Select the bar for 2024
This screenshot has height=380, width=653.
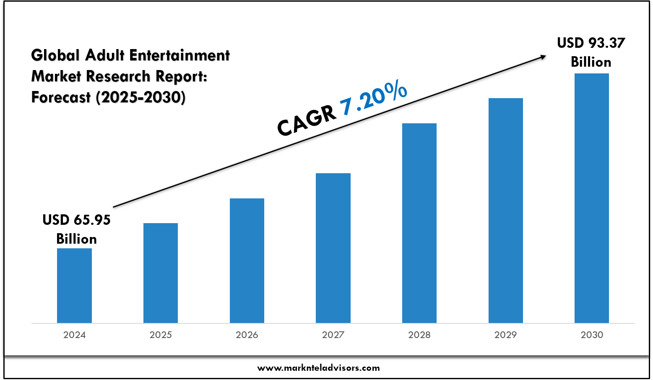(x=74, y=286)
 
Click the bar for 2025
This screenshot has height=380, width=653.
(x=161, y=273)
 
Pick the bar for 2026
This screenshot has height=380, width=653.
(x=247, y=260)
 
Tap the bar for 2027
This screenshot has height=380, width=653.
(x=333, y=248)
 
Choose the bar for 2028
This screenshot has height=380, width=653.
(x=419, y=223)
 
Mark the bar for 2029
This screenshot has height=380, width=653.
(x=506, y=211)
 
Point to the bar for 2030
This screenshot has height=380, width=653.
(x=592, y=198)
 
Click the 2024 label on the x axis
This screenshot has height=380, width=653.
(x=74, y=335)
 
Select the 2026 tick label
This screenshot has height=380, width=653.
(x=247, y=335)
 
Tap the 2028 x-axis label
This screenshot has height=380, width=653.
(x=419, y=335)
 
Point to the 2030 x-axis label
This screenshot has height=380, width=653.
(x=592, y=335)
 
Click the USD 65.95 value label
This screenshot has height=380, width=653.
(x=77, y=220)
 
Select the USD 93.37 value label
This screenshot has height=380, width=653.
(x=591, y=43)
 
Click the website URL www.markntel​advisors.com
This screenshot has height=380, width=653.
(x=318, y=368)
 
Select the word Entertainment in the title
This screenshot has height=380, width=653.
(x=180, y=55)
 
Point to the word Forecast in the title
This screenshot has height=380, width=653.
(x=61, y=97)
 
